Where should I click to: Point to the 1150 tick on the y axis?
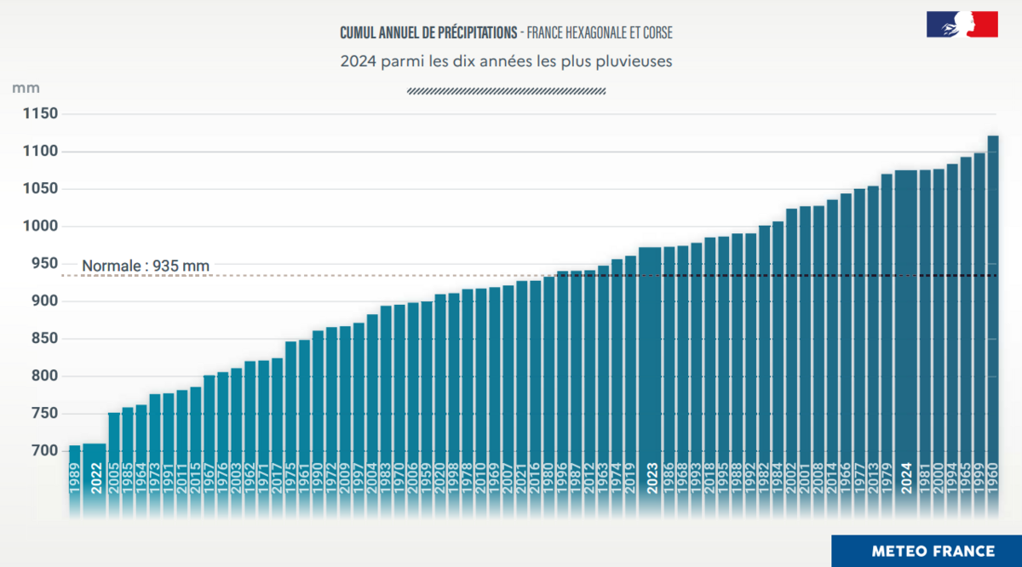41,114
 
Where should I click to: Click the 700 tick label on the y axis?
41,451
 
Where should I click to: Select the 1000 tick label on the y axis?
41,226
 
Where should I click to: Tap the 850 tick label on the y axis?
41,339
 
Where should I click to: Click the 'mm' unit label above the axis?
26,88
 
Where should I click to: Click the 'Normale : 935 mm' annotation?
146,266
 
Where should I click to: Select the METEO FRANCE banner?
926,551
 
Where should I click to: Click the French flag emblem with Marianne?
962,25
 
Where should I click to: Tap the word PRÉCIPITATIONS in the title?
468,33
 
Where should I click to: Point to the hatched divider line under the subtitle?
507,90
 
